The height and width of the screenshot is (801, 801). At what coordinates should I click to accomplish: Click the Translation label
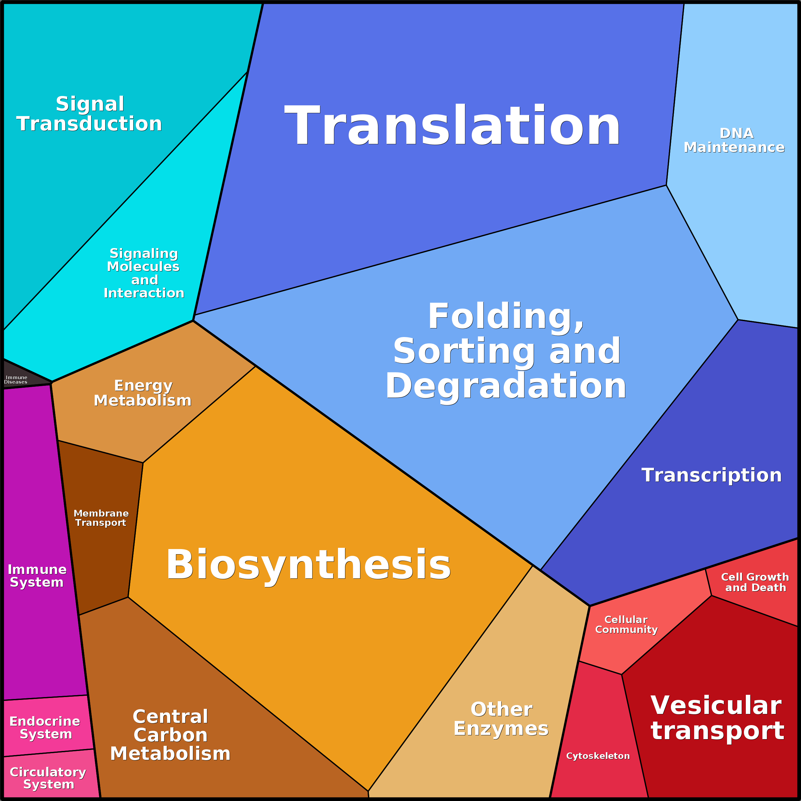tap(452, 125)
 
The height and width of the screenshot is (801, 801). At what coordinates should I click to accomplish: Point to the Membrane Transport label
tap(101, 518)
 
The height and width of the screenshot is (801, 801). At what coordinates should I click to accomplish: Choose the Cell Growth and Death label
tap(755, 582)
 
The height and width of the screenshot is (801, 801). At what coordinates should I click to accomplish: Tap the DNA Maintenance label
tap(734, 140)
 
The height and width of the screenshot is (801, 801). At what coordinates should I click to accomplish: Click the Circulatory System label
tap(48, 778)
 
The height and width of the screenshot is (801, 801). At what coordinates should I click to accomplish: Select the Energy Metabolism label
tap(143, 393)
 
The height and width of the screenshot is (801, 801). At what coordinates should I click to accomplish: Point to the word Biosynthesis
tap(308, 565)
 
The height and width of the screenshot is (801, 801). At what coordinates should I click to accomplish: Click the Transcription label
tap(711, 475)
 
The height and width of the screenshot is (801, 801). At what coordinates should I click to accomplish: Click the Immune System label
tap(37, 576)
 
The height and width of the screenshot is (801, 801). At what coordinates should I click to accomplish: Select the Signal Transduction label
tap(89, 114)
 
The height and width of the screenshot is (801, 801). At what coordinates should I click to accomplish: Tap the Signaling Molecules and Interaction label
tap(144, 273)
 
